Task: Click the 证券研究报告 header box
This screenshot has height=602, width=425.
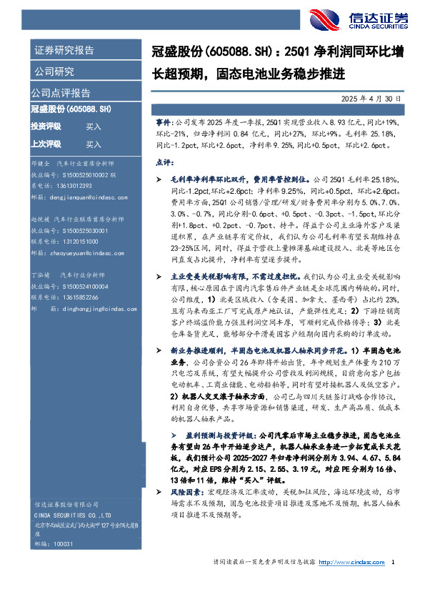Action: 64,51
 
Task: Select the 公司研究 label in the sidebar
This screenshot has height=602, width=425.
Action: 54,71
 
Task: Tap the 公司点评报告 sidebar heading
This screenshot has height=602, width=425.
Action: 61,93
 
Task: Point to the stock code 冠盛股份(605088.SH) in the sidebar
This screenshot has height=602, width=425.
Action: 71,109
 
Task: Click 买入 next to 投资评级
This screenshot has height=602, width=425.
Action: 94,127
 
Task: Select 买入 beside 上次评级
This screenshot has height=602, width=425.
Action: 94,143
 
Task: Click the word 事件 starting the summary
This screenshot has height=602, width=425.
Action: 163,124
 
